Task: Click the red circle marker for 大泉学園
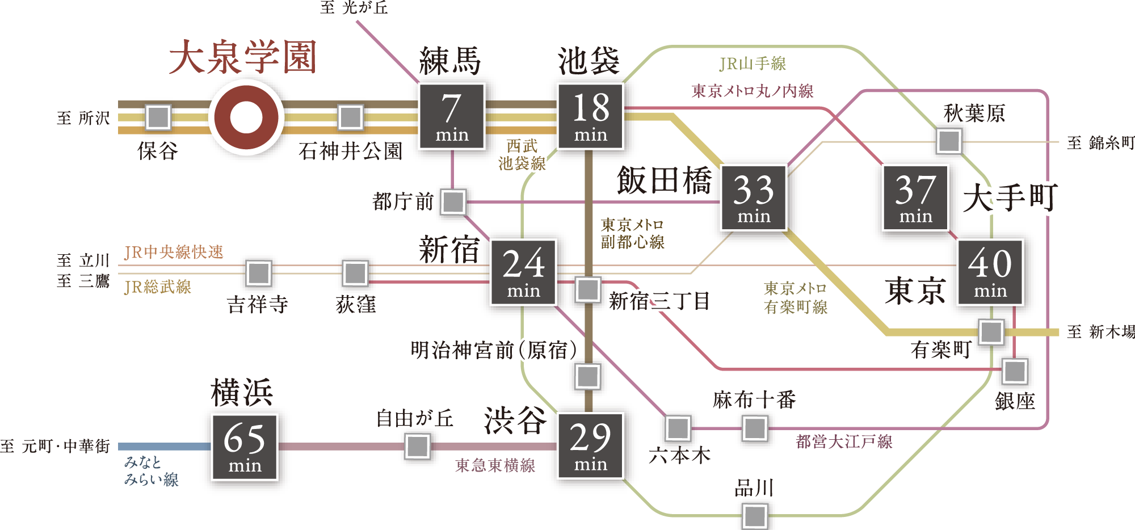pyautogui.click(x=246, y=117)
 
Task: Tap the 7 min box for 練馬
pyautogui.click(x=452, y=116)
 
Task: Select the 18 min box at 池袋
pyautogui.click(x=590, y=116)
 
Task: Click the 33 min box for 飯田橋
pyautogui.click(x=754, y=197)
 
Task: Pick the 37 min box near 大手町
pyautogui.click(x=915, y=197)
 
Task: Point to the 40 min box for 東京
pyautogui.click(x=990, y=272)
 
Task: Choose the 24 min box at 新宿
pyautogui.click(x=523, y=272)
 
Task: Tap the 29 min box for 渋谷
pyautogui.click(x=590, y=445)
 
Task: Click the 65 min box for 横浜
pyautogui.click(x=245, y=447)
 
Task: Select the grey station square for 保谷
pyautogui.click(x=158, y=117)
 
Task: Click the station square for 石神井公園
pyautogui.click(x=351, y=117)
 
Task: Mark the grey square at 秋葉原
pyautogui.click(x=949, y=141)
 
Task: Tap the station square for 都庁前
pyautogui.click(x=453, y=202)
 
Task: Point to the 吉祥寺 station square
pyautogui.click(x=259, y=273)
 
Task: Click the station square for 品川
pyautogui.click(x=755, y=516)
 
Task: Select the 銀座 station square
pyautogui.click(x=1015, y=372)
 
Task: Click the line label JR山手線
pyautogui.click(x=753, y=64)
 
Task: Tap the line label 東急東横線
pyautogui.click(x=495, y=465)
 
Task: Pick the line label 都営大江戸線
pyautogui.click(x=844, y=441)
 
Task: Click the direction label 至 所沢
pyautogui.click(x=83, y=118)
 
